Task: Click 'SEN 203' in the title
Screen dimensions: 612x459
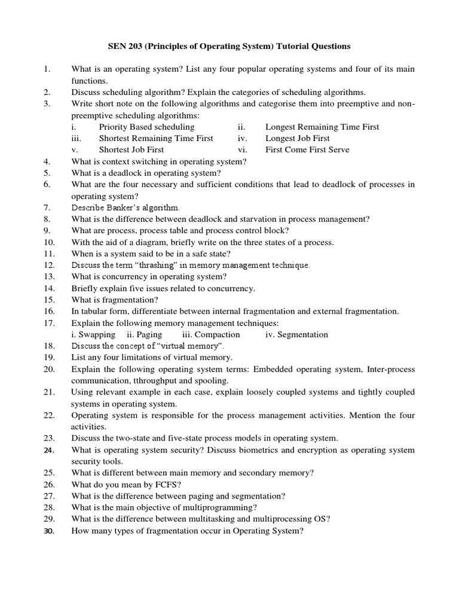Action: click(125, 46)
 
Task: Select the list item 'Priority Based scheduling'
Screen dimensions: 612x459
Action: click(146, 127)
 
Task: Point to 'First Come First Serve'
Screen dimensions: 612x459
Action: click(307, 149)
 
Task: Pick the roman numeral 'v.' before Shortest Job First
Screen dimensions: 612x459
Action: click(74, 149)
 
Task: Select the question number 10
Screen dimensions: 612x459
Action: click(49, 242)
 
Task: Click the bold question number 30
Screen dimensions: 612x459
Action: click(49, 530)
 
